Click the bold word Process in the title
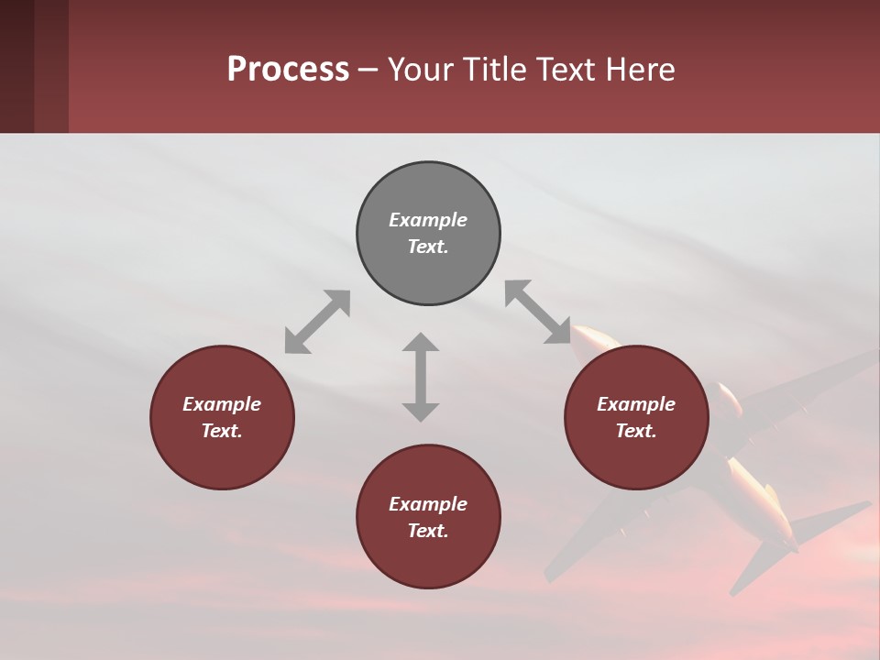[x=288, y=70]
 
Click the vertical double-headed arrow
[x=421, y=377]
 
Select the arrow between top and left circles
[x=317, y=322]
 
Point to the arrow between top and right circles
[x=538, y=312]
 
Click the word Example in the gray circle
[x=428, y=220]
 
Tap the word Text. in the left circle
[x=222, y=431]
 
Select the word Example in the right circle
[x=636, y=404]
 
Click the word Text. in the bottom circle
[x=428, y=531]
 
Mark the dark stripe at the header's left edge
[x=16, y=66]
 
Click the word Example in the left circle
[x=222, y=404]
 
